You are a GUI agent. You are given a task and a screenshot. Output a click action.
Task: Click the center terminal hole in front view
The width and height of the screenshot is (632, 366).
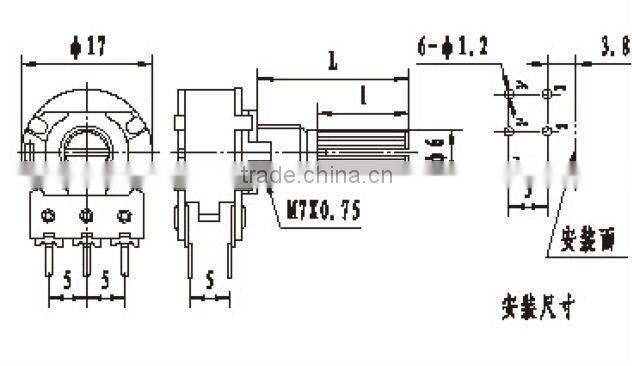86,214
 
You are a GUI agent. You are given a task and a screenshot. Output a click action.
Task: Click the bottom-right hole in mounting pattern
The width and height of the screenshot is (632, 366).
545,131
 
